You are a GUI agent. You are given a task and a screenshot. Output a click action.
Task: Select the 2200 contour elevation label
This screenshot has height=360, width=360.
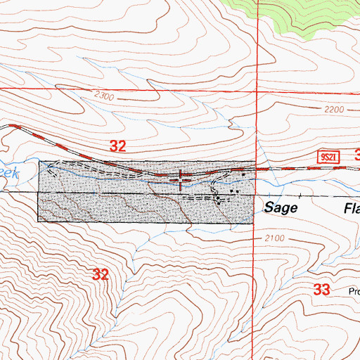click(x=336, y=110)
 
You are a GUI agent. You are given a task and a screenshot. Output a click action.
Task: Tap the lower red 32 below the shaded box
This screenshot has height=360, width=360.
click(x=101, y=274)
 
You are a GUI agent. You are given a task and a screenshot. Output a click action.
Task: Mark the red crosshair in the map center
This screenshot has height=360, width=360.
click(x=182, y=179)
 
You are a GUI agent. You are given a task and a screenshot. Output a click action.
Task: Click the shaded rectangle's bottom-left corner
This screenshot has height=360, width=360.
click(x=38, y=223)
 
